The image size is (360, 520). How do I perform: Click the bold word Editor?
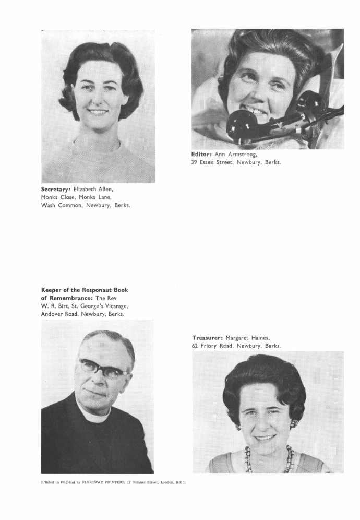(202, 155)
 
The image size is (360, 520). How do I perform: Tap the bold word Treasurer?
(207, 338)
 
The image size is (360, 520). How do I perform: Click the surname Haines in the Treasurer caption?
(267, 338)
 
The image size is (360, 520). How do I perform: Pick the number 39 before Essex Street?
(195, 163)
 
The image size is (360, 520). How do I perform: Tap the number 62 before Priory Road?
(196, 346)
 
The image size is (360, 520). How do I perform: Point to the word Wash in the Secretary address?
(48, 205)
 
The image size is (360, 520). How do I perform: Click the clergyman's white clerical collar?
(94, 415)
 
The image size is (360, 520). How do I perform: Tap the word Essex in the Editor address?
(211, 163)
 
